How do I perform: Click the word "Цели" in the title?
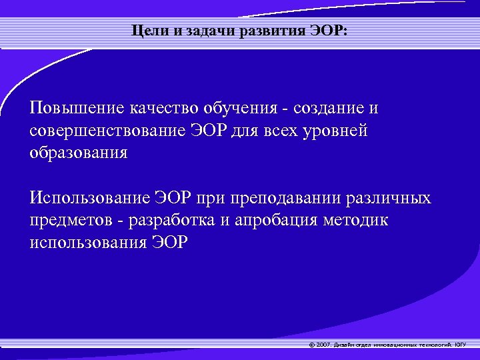pyautogui.click(x=146, y=31)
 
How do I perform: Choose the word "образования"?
pyautogui.click(x=79, y=153)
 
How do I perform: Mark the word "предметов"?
pyautogui.click(x=70, y=220)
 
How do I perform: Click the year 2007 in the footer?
pyautogui.click(x=324, y=345)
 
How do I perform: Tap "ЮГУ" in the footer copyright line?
pyautogui.click(x=461, y=345)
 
